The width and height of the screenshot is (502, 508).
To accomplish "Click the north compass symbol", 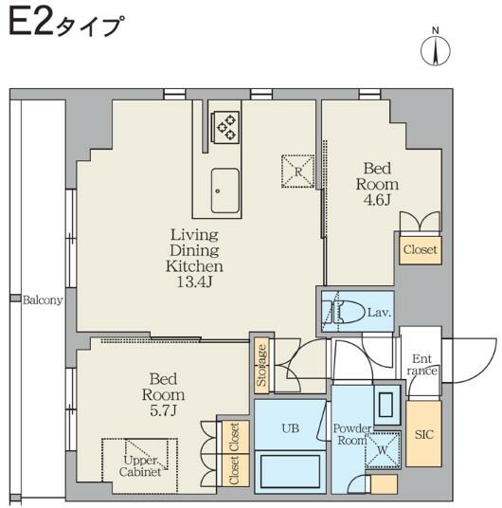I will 437,49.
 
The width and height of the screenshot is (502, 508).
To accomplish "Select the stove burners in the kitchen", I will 226,127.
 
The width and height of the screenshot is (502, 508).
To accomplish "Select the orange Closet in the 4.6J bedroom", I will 420,250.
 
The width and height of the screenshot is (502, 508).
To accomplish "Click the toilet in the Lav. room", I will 342,312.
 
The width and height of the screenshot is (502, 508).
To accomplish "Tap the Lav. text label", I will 380,312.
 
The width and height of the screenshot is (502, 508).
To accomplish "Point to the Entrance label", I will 423,365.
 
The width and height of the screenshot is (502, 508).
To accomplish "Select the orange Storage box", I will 261,365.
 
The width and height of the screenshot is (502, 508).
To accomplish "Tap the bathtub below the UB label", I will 291,471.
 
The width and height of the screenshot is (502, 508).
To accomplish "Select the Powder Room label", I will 351,434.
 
